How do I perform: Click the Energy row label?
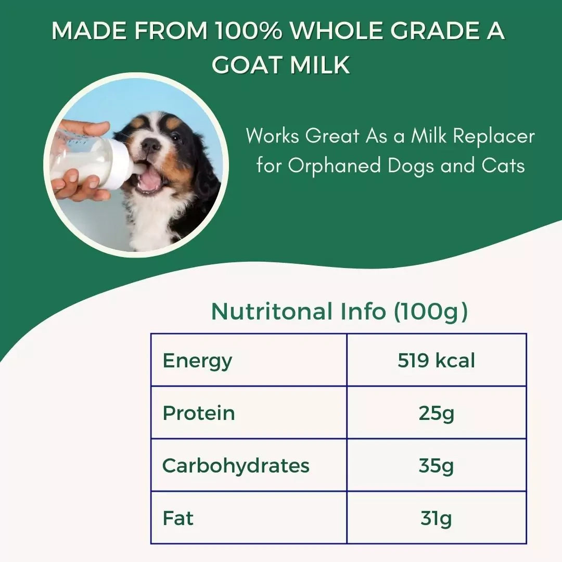[x=197, y=361]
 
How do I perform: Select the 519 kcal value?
[x=436, y=361]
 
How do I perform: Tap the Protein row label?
[x=199, y=413]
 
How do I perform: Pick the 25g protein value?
[x=436, y=413]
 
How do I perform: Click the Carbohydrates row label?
[x=236, y=465]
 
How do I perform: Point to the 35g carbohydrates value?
[x=436, y=465]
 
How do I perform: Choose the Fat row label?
[x=178, y=518]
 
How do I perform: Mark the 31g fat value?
[x=436, y=518]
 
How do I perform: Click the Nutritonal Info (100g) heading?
[x=339, y=312]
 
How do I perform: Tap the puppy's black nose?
[x=151, y=145]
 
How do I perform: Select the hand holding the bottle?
[x=78, y=185]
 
